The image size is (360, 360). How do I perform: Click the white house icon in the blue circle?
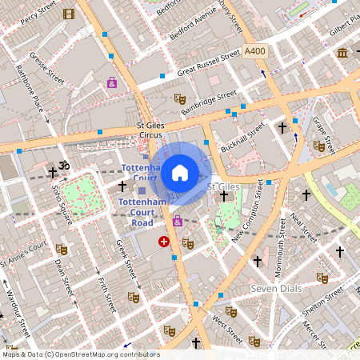pos(180,172)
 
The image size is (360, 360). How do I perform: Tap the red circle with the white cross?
pos(164,241)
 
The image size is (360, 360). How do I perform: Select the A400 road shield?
pos(255,51)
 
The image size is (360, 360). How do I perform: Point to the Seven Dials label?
pos(274,288)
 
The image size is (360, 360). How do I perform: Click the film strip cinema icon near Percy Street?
pos(69,14)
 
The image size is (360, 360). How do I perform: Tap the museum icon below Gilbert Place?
pos(342,53)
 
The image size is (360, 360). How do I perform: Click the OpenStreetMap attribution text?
pos(82,354)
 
